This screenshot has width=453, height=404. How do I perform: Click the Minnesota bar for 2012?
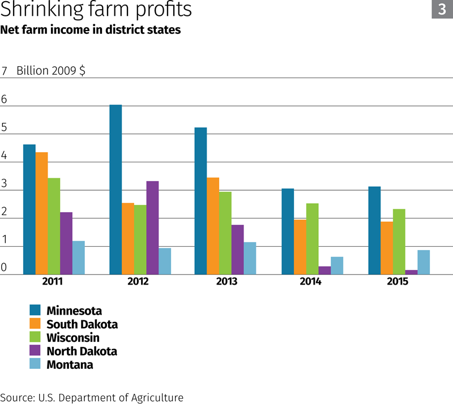[116, 190]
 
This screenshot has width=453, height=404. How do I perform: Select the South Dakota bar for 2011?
[41, 213]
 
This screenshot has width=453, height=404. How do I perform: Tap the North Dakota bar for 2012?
[152, 227]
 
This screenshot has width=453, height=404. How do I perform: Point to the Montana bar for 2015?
[424, 262]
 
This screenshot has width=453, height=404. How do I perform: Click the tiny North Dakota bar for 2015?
[411, 272]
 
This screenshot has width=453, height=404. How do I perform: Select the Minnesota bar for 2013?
[200, 201]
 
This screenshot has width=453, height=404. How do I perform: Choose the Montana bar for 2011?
[79, 257]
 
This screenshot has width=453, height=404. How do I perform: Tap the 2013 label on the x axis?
[226, 281]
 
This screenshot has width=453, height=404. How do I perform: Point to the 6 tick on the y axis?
[4, 100]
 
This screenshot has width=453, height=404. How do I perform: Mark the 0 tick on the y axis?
[4, 268]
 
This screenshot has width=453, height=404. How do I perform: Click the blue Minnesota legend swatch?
[36, 310]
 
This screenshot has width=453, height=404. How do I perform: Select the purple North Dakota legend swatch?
[36, 351]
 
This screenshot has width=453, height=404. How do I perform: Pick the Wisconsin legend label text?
[73, 338]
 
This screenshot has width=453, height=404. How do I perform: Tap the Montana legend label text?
[70, 365]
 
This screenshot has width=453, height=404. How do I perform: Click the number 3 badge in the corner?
[442, 9]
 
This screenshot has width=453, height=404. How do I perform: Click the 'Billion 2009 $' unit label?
[51, 71]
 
